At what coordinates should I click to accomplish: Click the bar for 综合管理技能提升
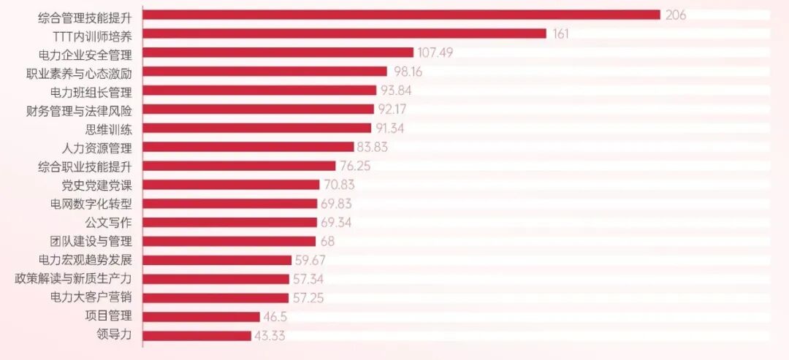(x=402, y=15)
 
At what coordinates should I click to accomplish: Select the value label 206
(x=676, y=15)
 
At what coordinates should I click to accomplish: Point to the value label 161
(x=560, y=34)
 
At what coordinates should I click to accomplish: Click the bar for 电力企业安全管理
(x=278, y=53)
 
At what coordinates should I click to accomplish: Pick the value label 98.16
(x=408, y=72)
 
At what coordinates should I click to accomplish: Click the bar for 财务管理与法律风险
(x=259, y=109)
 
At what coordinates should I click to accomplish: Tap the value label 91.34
(x=390, y=129)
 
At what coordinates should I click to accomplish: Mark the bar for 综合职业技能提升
(x=239, y=166)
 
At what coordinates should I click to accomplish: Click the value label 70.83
(x=339, y=185)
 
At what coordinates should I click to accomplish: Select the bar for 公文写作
(x=230, y=222)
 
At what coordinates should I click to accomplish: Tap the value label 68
(x=327, y=242)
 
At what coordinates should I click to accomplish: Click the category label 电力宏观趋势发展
(x=86, y=261)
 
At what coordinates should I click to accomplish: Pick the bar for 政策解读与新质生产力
(x=216, y=279)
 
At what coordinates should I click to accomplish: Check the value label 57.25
(x=308, y=298)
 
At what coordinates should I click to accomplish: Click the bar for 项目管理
(x=202, y=317)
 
